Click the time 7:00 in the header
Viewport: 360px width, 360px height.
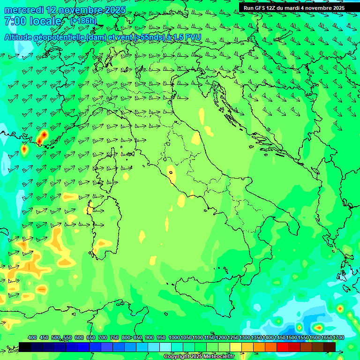[15, 21]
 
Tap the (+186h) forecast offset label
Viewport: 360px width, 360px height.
[83, 21]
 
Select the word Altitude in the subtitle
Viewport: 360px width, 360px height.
[21, 37]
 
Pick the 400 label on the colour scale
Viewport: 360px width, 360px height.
[32, 338]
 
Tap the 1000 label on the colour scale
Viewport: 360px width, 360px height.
[174, 338]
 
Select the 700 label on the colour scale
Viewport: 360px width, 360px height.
[103, 338]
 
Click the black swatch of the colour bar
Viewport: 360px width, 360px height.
[25, 347]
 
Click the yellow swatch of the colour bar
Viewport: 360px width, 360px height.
[236, 347]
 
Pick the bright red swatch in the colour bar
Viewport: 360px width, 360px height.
[283, 347]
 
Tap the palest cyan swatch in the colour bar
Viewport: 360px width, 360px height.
[165, 347]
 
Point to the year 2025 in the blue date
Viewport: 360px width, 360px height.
[114, 10]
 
